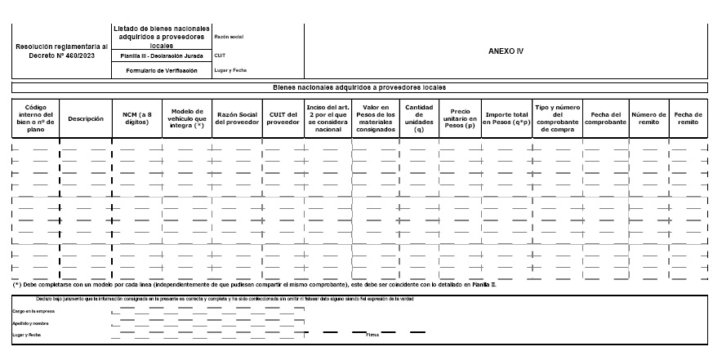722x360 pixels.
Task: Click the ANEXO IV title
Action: [x=505, y=50]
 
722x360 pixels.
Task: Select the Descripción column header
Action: [x=86, y=119]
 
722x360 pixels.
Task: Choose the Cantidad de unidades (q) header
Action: [x=419, y=118]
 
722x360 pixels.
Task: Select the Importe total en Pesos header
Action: [x=506, y=119]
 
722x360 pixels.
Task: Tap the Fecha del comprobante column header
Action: [x=605, y=119]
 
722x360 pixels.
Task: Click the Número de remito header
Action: [x=649, y=119]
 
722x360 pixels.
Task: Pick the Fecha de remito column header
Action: [x=688, y=119]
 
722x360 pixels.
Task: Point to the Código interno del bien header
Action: [x=35, y=118]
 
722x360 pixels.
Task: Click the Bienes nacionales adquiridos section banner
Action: [x=359, y=87]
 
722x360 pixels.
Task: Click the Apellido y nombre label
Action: [x=31, y=324]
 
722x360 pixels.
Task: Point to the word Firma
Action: [x=372, y=335]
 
